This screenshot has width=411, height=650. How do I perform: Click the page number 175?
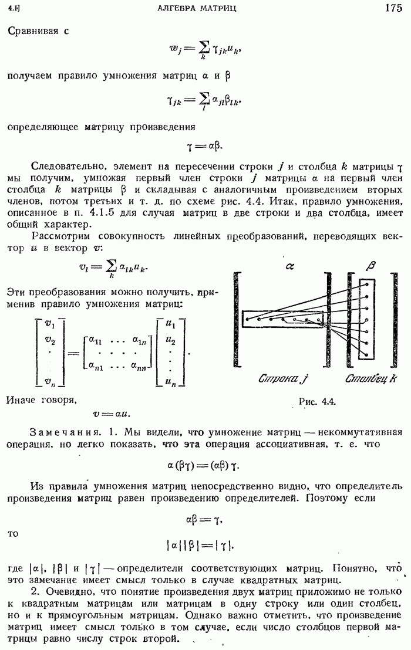coord(393,8)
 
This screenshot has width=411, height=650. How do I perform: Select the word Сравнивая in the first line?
coord(33,31)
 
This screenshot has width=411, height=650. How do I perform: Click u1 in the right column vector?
coord(171,323)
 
